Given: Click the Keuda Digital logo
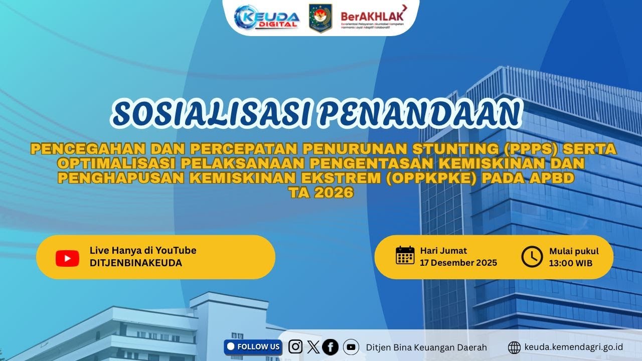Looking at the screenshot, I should (x=267, y=18).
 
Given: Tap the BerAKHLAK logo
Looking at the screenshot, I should (x=373, y=18).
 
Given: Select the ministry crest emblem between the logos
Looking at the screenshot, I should (x=320, y=18).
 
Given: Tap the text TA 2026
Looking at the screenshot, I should (x=321, y=193).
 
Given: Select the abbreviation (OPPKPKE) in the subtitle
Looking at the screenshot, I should (x=433, y=178).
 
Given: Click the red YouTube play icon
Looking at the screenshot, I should (x=67, y=258).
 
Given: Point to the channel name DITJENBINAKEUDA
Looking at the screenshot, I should (x=135, y=263).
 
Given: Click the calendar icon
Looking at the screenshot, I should (x=405, y=255).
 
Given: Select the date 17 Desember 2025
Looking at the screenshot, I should (x=458, y=263).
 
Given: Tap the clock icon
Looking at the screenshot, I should (x=532, y=257).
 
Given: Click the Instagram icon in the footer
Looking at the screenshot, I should (x=296, y=346).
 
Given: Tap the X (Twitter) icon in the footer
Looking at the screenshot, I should (x=313, y=347).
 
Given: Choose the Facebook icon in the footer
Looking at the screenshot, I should (x=331, y=346).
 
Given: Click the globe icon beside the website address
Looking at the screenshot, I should (x=514, y=347).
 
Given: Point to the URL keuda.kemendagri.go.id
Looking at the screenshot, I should (x=574, y=347).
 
